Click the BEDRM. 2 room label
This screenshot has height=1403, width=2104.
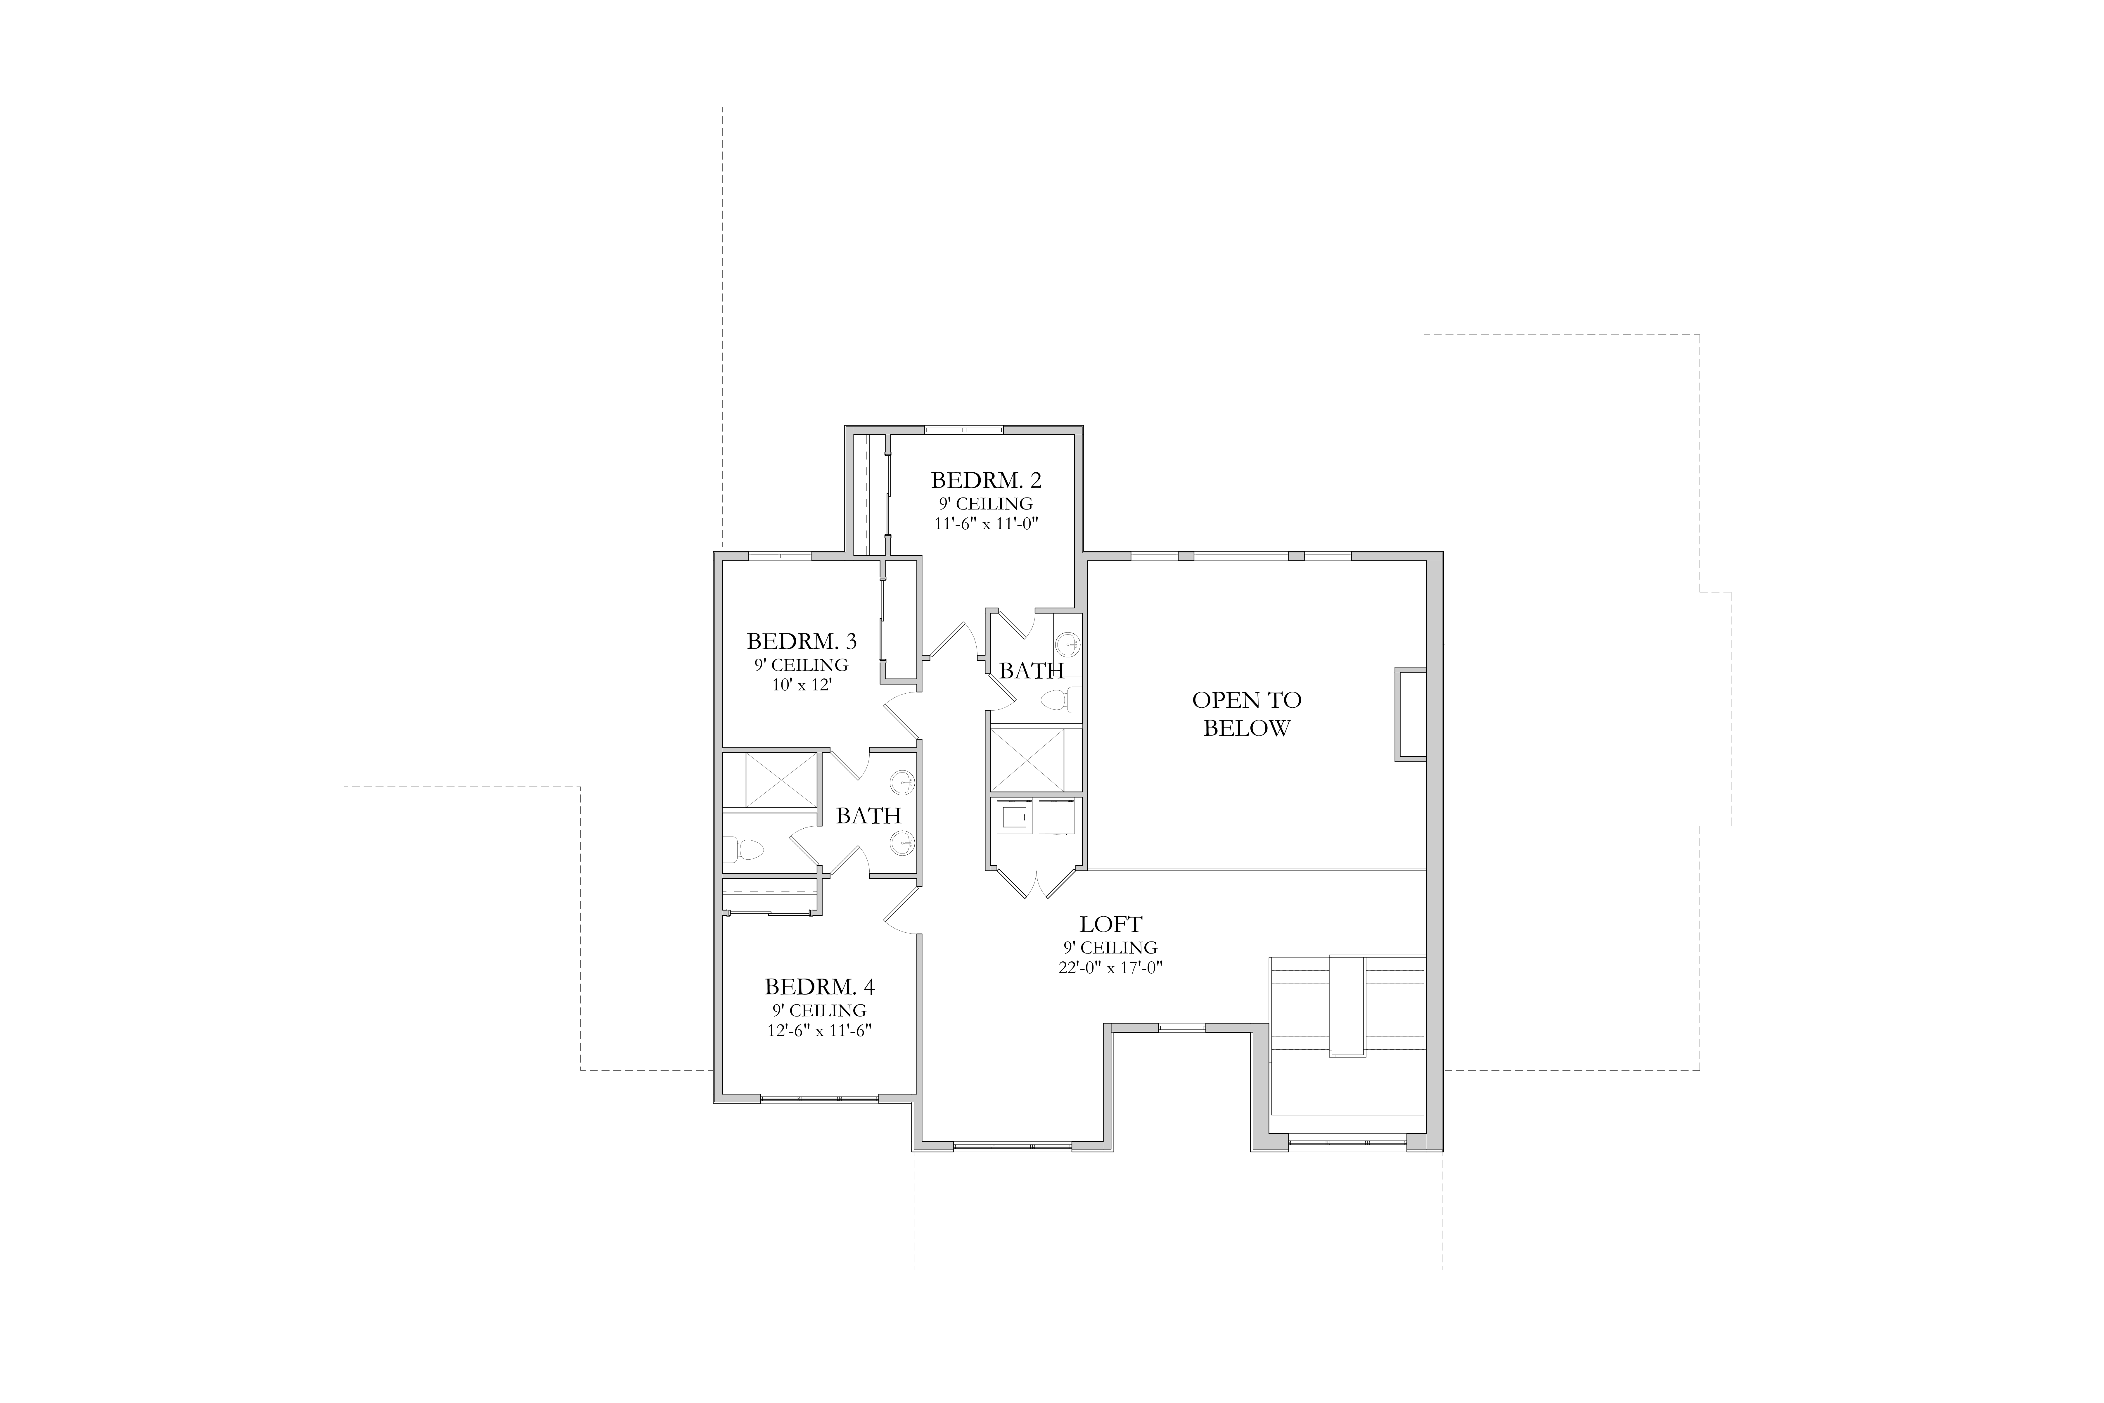[x=986, y=481]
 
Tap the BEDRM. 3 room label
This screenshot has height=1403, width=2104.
[x=802, y=642]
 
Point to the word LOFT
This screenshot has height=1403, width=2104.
[x=1111, y=924]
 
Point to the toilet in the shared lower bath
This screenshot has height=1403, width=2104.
[x=743, y=847]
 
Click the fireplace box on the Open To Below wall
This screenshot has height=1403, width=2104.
[x=1411, y=714]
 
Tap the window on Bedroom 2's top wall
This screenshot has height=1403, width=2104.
[x=964, y=430]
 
